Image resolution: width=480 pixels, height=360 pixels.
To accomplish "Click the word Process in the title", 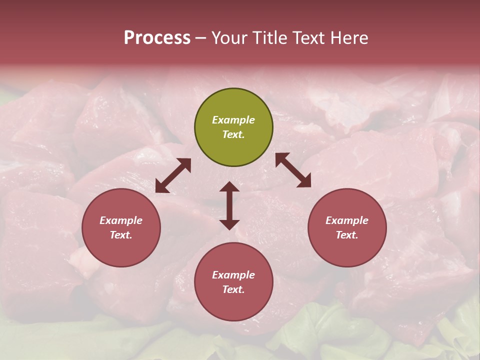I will (x=157, y=38).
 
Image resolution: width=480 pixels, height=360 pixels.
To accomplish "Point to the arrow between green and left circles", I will (x=173, y=175).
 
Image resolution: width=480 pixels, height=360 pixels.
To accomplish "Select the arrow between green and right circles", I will (x=293, y=170).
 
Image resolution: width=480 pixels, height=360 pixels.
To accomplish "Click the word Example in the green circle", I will (x=233, y=120).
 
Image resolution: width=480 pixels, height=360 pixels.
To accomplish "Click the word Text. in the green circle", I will (x=233, y=134).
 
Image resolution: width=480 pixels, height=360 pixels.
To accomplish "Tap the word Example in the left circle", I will (x=121, y=220).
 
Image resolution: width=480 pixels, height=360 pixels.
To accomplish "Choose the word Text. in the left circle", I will (x=121, y=235).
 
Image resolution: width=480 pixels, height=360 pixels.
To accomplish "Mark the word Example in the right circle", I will (x=347, y=220).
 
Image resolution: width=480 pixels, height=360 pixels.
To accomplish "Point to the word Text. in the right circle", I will (x=347, y=235).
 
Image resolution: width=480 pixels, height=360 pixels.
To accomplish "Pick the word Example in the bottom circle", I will (x=233, y=275).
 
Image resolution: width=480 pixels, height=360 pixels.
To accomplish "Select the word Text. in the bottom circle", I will (x=233, y=289).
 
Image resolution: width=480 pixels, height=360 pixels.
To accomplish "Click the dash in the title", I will (x=201, y=38).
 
